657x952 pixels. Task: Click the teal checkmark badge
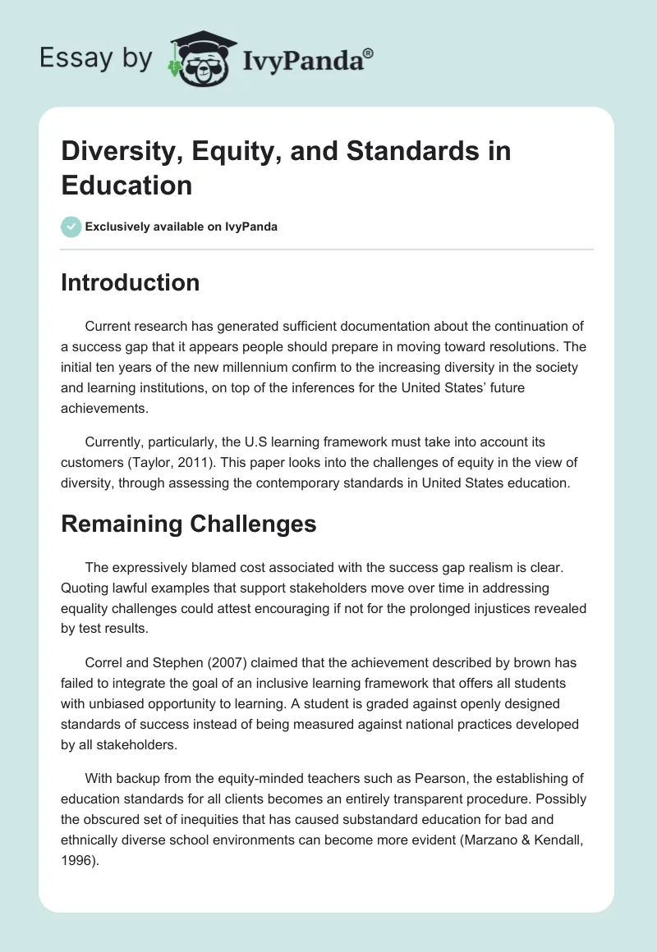pos(71,227)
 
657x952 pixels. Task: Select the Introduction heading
pos(130,282)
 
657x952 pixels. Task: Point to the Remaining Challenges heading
pos(188,524)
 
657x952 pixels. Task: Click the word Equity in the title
pos(218,152)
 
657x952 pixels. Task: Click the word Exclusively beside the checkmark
pos(120,227)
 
